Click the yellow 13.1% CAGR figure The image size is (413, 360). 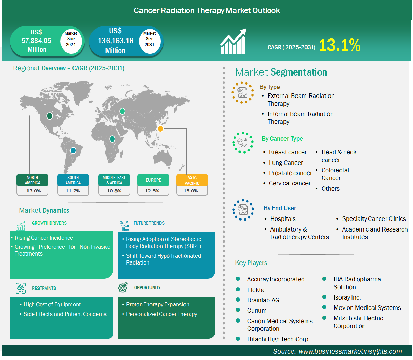tap(339, 45)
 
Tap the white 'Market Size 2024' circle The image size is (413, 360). tap(71, 41)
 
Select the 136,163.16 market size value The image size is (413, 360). tap(115, 41)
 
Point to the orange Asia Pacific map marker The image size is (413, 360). tap(160, 128)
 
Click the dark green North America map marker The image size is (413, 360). tap(49, 116)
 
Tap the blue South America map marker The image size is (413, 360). tap(73, 150)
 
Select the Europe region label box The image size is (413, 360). tap(153, 180)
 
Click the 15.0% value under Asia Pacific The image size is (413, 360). tap(190, 191)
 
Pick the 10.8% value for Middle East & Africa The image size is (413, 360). tap(114, 191)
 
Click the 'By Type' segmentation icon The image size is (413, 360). tap(243, 93)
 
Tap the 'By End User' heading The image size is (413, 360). tap(280, 208)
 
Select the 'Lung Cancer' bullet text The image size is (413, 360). tap(286, 162)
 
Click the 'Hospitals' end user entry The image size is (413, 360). tap(283, 219)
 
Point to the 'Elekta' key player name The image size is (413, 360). tap(256, 290)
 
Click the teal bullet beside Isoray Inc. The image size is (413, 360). tap(324, 297)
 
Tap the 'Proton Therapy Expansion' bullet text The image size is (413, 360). tap(158, 304)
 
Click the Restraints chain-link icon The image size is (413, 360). tap(21, 288)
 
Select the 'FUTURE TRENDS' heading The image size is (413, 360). tap(149, 223)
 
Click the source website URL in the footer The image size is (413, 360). tap(350, 351)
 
